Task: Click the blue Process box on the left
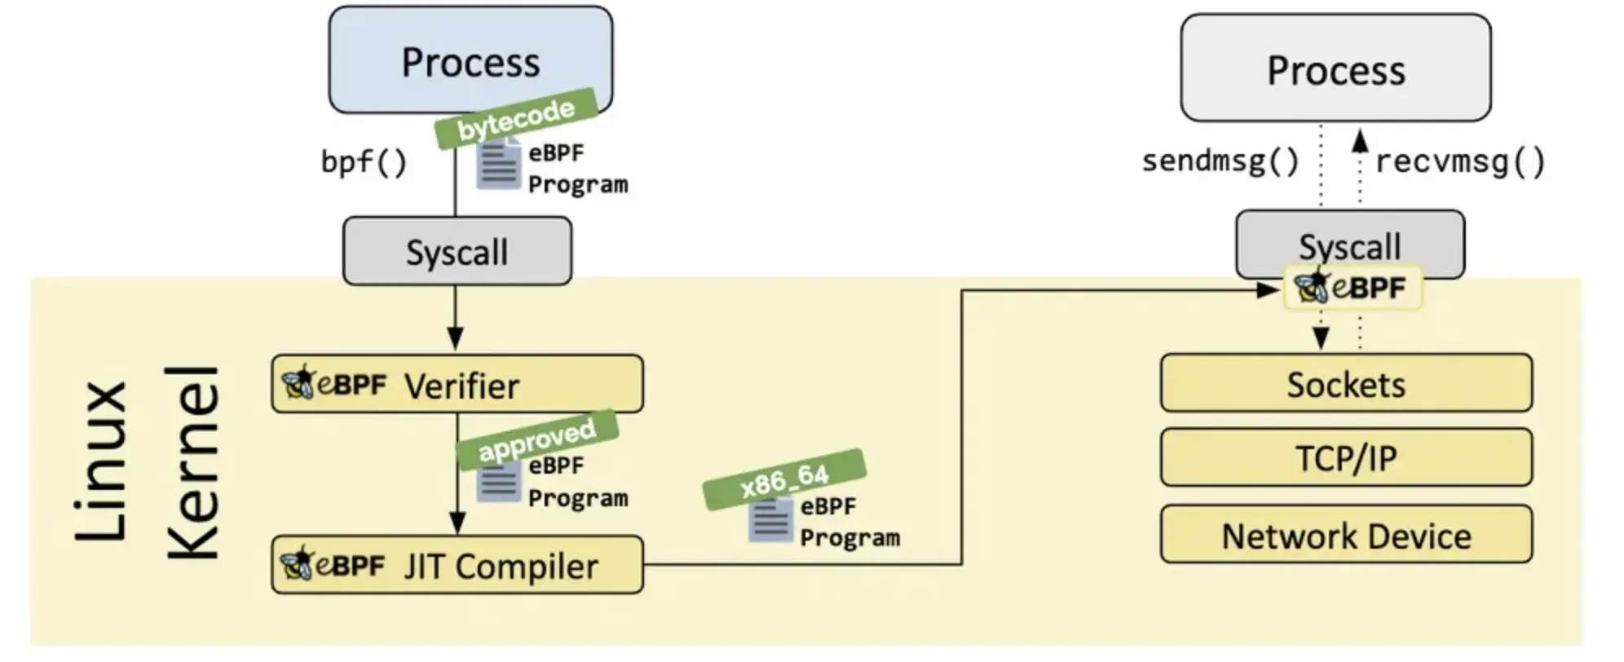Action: coord(470,59)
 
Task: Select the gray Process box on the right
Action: coord(1335,68)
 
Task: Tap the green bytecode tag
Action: coord(515,119)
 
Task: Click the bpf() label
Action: coord(363,161)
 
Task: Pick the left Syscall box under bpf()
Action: coord(457,251)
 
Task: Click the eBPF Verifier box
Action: coord(457,384)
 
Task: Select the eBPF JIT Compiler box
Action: coord(457,565)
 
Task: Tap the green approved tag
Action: coord(536,439)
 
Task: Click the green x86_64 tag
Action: coord(784,479)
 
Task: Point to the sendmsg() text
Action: coord(1220,161)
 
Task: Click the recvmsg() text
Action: coord(1459,161)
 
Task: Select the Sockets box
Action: coord(1345,383)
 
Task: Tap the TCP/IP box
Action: coord(1345,457)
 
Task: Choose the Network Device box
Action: coord(1345,535)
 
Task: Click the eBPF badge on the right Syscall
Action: coord(1353,288)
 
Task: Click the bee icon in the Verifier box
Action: coord(298,382)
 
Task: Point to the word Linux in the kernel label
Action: coord(101,461)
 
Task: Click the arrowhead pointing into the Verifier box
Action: coord(455,338)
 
